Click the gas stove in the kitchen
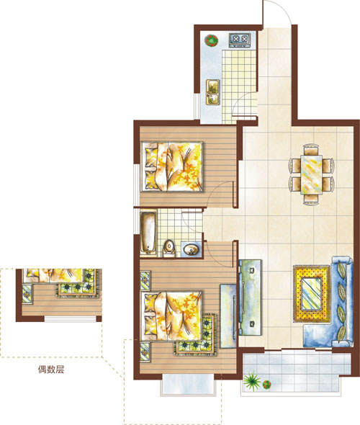point(240,40)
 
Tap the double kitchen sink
point(213,92)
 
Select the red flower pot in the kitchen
point(211,40)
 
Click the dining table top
point(312,174)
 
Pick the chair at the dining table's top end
point(311,150)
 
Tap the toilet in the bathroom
point(170,249)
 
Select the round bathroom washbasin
point(192,249)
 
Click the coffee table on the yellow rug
point(312,294)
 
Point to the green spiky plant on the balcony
point(252,381)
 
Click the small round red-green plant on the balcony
point(267,385)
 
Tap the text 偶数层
point(51,369)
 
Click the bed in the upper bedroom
point(172,166)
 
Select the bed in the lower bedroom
point(172,316)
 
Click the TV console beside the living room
point(250,297)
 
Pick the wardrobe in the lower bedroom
point(228,316)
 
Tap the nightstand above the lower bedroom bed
point(145,280)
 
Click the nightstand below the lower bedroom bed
point(145,352)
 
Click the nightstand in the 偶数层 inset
point(27,293)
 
